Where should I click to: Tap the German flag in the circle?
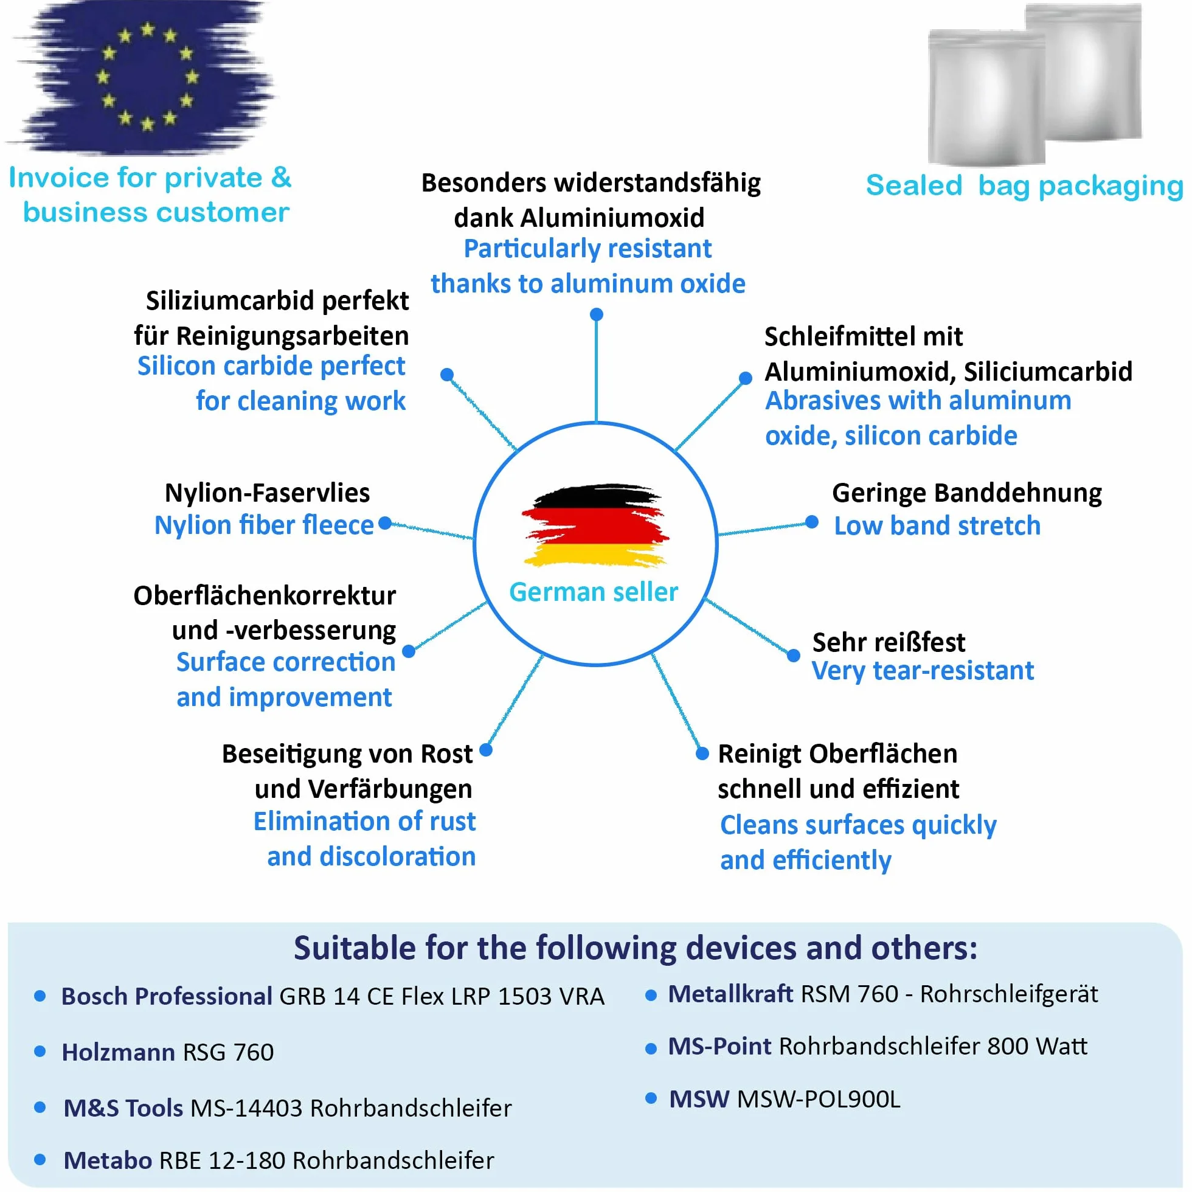[x=595, y=525]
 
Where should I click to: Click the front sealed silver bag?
[x=986, y=97]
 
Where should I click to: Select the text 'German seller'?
[x=594, y=592]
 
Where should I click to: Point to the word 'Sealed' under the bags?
[x=913, y=185]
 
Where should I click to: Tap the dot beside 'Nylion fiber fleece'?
[x=385, y=523]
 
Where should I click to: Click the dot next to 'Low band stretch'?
[x=812, y=522]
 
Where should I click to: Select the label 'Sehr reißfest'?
[x=889, y=642]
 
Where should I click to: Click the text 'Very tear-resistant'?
[x=923, y=671]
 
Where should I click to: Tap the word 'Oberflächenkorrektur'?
[x=265, y=596]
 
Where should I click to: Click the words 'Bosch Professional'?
[x=167, y=996]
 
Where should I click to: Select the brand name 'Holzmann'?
[x=119, y=1052]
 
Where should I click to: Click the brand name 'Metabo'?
[x=108, y=1160]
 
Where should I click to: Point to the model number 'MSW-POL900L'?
[x=819, y=1099]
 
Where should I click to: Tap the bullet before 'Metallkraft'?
[x=650, y=995]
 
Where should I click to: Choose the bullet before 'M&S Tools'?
[x=40, y=1107]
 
